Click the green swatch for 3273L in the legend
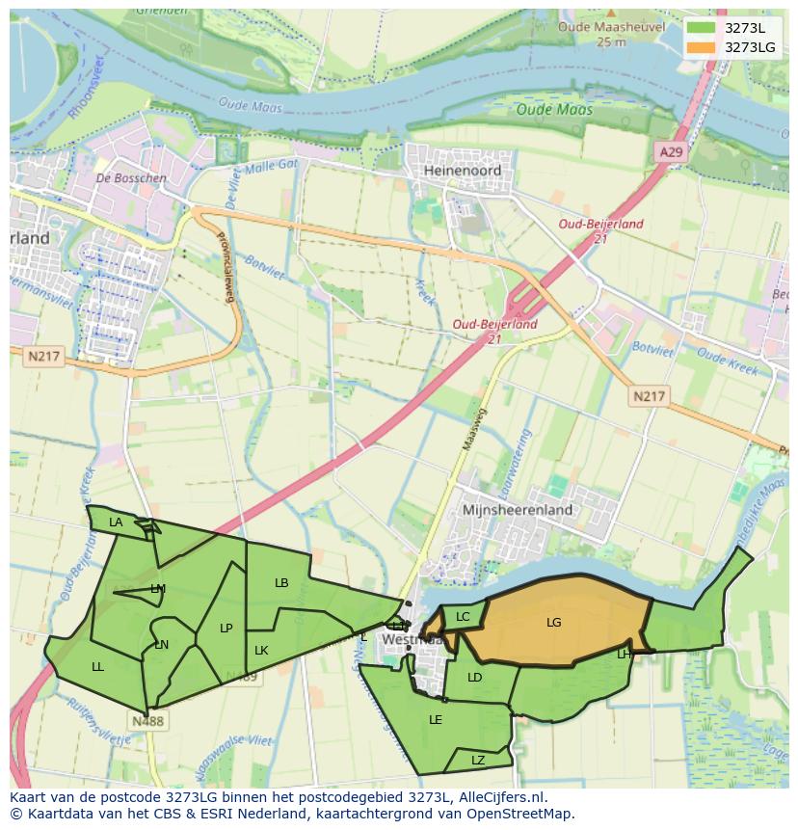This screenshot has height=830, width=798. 701,28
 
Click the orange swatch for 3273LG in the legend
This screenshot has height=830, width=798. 701,47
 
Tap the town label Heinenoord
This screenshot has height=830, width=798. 463,170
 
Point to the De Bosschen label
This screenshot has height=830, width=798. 131,178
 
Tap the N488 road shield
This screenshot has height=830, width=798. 147,721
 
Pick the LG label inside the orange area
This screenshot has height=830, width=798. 553,623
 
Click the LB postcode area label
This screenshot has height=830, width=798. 281,583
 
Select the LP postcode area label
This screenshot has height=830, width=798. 226,629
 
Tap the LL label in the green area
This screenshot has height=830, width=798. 97,667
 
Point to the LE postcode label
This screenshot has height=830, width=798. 436,720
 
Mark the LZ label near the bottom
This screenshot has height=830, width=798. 478,761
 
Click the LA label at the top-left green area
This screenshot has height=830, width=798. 116,522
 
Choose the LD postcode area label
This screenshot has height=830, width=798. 474,678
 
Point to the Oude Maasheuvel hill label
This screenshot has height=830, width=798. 611,28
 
